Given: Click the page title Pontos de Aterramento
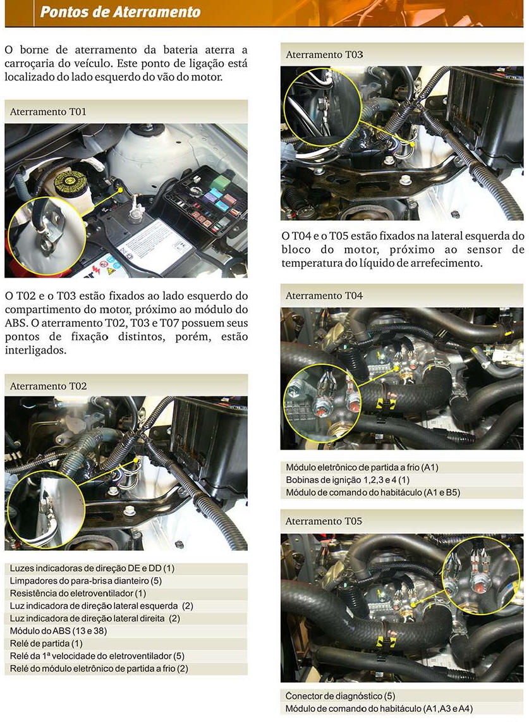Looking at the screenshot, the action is pyautogui.click(x=120, y=11).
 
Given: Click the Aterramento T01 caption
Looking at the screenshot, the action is pyautogui.click(x=48, y=112).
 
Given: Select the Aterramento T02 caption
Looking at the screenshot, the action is pyautogui.click(x=48, y=386).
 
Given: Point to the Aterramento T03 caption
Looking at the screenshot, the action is pyautogui.click(x=324, y=54).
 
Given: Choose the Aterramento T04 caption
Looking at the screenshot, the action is pyautogui.click(x=324, y=296).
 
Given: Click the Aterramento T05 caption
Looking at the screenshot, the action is pyautogui.click(x=324, y=521).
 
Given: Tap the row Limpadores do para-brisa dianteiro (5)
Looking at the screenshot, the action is pyautogui.click(x=85, y=580).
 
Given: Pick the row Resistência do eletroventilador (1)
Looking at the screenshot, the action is pyautogui.click(x=78, y=593).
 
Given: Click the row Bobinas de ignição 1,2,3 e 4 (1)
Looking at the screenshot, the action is pyautogui.click(x=348, y=480).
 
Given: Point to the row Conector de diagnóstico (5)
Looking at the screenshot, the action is pyautogui.click(x=340, y=695).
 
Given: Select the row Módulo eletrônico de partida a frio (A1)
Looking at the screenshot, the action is pyautogui.click(x=362, y=467).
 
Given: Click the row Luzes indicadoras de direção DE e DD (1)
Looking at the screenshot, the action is pyautogui.click(x=92, y=568).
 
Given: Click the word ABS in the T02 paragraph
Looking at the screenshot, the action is pyautogui.click(x=15, y=323).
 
